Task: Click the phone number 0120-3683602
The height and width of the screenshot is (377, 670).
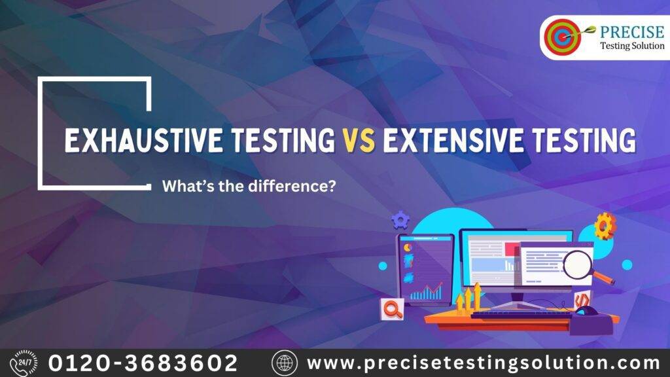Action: pos(143,362)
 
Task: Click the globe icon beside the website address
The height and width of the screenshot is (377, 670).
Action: pos(285,363)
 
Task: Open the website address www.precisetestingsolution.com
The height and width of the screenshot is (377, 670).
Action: pos(483,362)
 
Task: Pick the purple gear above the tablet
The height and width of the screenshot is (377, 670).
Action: pos(399,219)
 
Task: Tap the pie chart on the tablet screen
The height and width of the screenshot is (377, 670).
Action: pos(408,248)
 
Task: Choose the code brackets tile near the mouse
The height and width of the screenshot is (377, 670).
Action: pos(579,299)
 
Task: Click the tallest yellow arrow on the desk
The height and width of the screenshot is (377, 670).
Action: pos(476,295)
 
